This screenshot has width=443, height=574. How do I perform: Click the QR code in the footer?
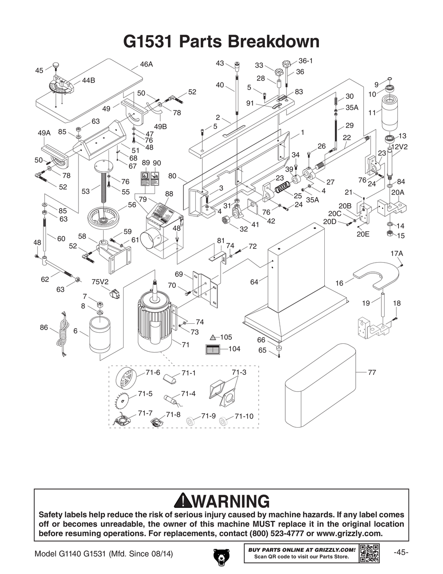[x=369, y=553]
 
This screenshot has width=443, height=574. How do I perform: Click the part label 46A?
[x=146, y=64]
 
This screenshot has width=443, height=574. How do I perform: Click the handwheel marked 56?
[x=104, y=218]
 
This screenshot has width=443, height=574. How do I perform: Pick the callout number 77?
[x=372, y=373]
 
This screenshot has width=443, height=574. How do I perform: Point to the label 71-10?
[x=244, y=416]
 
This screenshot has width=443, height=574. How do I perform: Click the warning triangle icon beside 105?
[x=213, y=337]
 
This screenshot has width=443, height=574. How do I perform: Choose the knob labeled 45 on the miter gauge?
[x=56, y=67]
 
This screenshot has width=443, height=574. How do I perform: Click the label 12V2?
[x=399, y=147]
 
